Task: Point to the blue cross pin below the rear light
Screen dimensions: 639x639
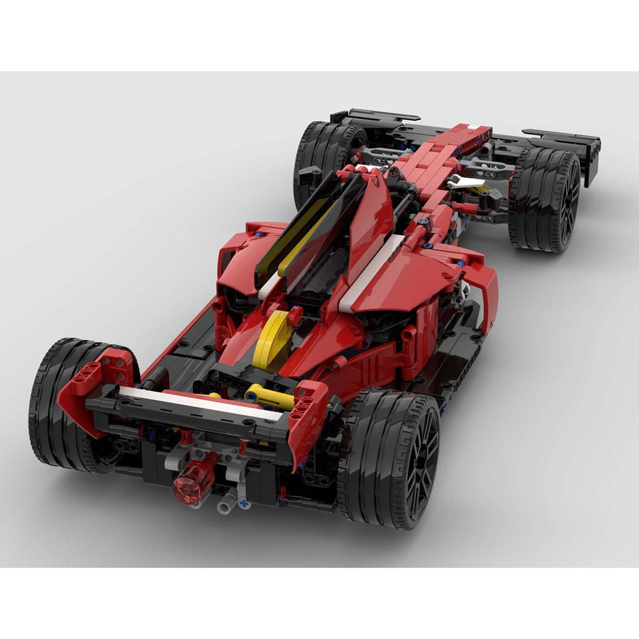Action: coord(245,504)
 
